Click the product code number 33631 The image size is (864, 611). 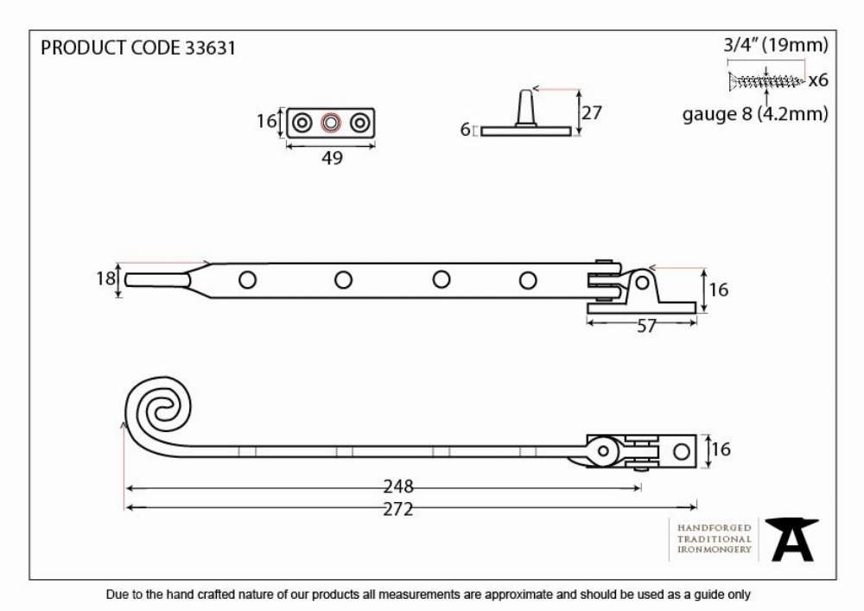click(x=210, y=48)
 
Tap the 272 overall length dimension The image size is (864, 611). click(x=397, y=509)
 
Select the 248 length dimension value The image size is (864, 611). click(x=397, y=487)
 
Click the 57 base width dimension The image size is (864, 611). click(x=646, y=326)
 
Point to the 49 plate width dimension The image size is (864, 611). click(x=332, y=158)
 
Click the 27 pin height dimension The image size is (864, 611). click(x=591, y=113)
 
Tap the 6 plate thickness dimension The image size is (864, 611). click(x=465, y=130)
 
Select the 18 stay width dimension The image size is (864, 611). click(x=105, y=279)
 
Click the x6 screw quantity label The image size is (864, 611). click(x=818, y=80)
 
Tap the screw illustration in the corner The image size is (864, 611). click(x=766, y=81)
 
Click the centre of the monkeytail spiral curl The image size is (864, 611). click(x=159, y=408)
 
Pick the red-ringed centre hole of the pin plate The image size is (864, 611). click(x=331, y=123)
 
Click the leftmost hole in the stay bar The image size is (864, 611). click(x=247, y=280)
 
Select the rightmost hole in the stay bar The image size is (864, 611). click(x=528, y=280)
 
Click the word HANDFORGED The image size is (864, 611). click(x=715, y=528)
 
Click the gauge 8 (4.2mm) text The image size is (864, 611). click(x=755, y=114)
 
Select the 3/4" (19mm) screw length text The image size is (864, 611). click(x=776, y=45)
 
